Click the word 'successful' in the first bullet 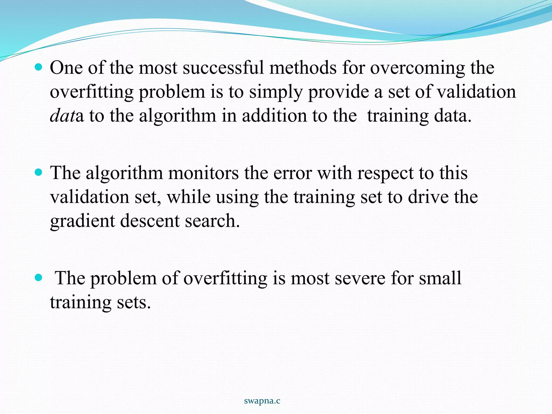point(223,68)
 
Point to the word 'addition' point(274,116)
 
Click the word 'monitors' point(203,173)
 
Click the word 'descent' point(150,221)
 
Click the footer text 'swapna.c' point(262,401)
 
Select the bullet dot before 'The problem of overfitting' point(39,277)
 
